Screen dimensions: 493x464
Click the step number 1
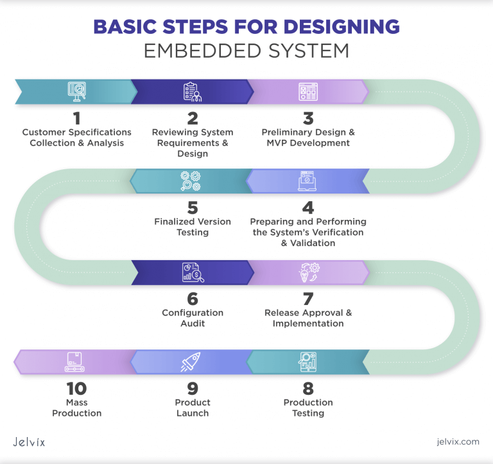pos(77,119)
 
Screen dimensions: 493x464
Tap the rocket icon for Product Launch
pos(191,361)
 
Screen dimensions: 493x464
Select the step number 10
pos(77,388)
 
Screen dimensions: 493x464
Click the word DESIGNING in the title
pos(342,26)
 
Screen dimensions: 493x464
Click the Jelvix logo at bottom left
pos(29,442)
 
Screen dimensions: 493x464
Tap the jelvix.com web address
pos(458,442)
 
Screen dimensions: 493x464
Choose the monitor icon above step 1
pos(77,92)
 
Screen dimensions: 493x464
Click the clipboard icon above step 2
pos(193,92)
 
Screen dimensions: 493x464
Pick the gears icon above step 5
pos(191,181)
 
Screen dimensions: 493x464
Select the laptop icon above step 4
pos(307,181)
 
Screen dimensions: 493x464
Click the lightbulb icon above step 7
pos(309,272)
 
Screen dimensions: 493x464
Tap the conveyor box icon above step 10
pos(74,361)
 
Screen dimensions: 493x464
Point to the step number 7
pos(308,299)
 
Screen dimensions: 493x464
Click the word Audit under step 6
pos(193,324)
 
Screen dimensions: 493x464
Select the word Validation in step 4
pos(313,243)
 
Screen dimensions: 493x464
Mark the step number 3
pos(308,119)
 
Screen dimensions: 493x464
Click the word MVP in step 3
pos(277,143)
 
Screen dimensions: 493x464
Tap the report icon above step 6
pos(193,272)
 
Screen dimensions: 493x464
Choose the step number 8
pos(308,388)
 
